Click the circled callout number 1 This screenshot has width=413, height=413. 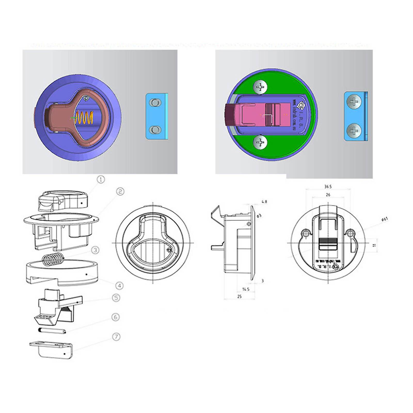tap(101, 179)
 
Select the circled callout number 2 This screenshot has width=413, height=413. tap(120, 192)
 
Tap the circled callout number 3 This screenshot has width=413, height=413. tap(95, 250)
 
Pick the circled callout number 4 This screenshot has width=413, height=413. tap(119, 285)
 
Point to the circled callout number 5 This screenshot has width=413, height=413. tap(116, 298)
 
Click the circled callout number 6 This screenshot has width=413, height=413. tap(116, 317)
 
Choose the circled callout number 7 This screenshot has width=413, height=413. tap(116, 337)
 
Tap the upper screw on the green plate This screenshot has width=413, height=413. tap(260, 88)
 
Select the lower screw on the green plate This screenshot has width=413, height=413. tap(260, 142)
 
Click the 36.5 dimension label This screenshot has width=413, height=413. tap(328, 187)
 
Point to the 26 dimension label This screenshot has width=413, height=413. tap(328, 195)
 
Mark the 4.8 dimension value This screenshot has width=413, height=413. tap(264, 202)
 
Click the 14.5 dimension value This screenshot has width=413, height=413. tap(246, 289)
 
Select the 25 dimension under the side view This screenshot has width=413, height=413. tap(239, 297)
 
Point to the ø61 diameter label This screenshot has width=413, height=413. tap(384, 219)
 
